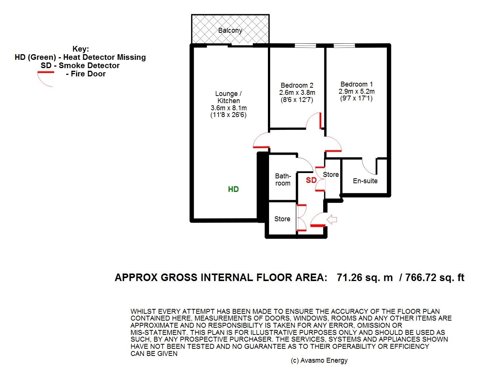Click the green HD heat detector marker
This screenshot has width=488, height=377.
coord(233,189)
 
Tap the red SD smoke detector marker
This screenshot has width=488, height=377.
coord(311,180)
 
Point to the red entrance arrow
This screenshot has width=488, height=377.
coord(332,219)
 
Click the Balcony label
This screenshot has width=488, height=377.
coord(230,30)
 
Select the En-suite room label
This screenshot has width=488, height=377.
coord(365,181)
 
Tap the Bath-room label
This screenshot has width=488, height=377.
coord(283,179)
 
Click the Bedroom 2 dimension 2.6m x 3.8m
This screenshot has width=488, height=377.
coord(297,93)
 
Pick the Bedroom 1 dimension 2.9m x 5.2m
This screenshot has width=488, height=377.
coord(357,91)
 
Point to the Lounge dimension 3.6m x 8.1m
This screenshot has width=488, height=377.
coord(229,108)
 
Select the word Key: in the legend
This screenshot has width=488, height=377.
coord(81,49)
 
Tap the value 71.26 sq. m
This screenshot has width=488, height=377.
coord(365,278)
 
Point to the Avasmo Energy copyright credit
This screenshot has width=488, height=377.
coord(319,360)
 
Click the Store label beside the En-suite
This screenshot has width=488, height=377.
coord(331,175)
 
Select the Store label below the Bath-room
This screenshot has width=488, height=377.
coord(282,219)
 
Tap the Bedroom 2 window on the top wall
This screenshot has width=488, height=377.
coord(306,46)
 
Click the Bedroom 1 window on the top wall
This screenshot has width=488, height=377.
coord(344,46)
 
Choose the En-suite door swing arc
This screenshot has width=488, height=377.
coord(366,170)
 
